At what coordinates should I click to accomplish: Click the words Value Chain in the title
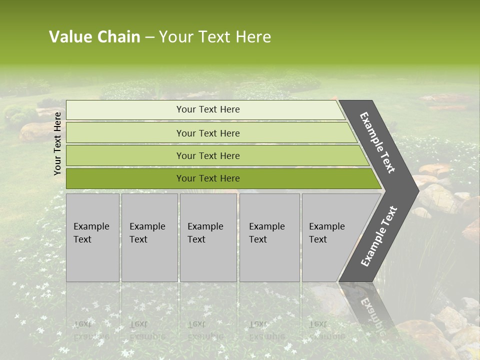click(x=94, y=37)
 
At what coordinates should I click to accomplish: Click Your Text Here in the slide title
click(x=215, y=37)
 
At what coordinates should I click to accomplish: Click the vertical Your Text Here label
click(x=57, y=143)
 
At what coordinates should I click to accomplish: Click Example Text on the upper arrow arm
click(x=377, y=142)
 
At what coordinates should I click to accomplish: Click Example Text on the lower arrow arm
click(x=378, y=236)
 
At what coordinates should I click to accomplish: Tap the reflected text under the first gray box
click(x=91, y=330)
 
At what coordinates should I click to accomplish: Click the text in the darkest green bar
click(x=208, y=178)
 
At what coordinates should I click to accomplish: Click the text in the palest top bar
click(x=208, y=109)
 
